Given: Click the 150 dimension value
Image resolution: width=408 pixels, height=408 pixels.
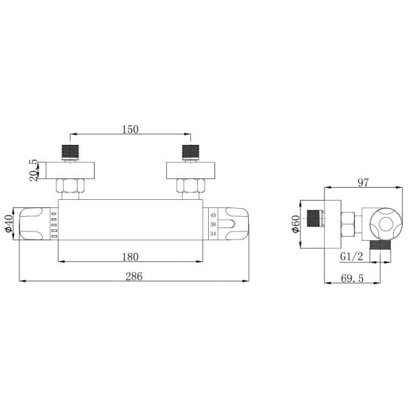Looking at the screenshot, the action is [x=131, y=129].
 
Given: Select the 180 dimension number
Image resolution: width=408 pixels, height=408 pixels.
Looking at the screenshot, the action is [x=131, y=257].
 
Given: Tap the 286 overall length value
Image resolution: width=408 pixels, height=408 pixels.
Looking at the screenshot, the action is [x=134, y=276].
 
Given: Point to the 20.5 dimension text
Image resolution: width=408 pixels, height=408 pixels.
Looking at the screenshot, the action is [x=34, y=171].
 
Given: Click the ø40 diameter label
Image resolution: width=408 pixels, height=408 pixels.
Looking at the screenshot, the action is [x=9, y=224].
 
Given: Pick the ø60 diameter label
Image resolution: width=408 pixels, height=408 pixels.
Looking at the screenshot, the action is [x=296, y=224].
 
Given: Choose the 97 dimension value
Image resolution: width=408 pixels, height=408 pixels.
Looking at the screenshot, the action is [x=363, y=183].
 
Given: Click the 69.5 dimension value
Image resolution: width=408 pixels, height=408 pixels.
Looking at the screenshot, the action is [x=352, y=279].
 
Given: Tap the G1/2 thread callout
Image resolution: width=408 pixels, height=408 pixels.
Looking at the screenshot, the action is [x=352, y=257].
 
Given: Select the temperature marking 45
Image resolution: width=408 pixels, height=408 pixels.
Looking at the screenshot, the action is [x=213, y=215].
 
